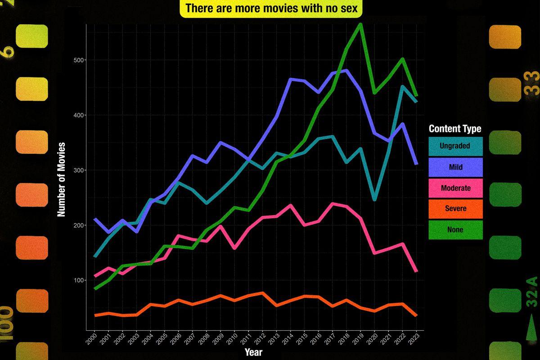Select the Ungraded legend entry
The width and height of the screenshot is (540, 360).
coord(455,146)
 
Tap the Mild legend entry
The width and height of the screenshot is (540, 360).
coord(455,167)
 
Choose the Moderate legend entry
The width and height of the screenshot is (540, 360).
coord(455,188)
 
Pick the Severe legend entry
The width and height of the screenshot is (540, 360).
coord(455,209)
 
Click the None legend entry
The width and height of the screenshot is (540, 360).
coord(455,229)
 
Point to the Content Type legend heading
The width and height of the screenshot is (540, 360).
coord(455,129)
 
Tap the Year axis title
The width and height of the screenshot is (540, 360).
coord(253,352)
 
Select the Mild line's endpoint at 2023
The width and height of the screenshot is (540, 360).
coord(416,163)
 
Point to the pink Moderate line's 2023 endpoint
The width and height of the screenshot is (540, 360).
coord(416,271)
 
